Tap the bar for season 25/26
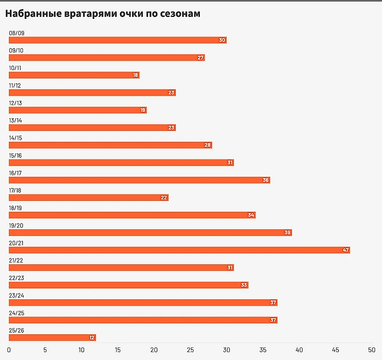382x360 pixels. coord(52,337)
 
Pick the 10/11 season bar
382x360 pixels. coord(74,75)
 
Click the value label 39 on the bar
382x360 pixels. coord(287,232)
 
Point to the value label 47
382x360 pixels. coord(345,250)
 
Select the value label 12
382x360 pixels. coord(92,337)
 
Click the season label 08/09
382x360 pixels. coord(16,33)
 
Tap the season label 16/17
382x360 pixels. coord(16,173)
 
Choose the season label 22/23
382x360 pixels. coord(16,278)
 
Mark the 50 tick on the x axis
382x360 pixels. coord(372,350)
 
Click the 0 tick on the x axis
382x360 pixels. coord(9,350)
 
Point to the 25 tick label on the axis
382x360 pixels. coord(190,350)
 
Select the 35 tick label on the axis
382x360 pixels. coord(263,350)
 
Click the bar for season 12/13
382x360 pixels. coord(77,110)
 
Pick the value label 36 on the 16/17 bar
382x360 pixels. coord(265,180)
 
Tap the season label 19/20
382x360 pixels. coord(16,226)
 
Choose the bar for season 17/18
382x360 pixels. coord(88,197)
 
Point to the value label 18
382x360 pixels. coord(136,75)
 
